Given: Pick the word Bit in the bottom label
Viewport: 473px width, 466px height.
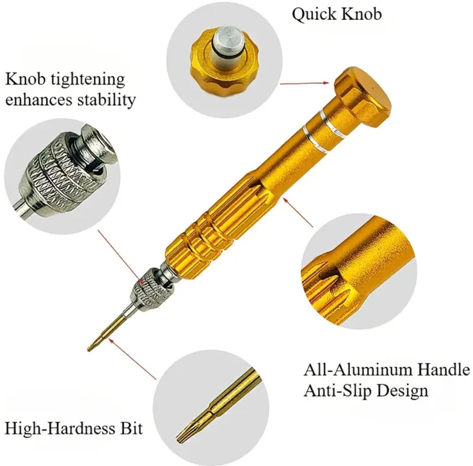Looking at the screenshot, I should pyautogui.click(x=129, y=428).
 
